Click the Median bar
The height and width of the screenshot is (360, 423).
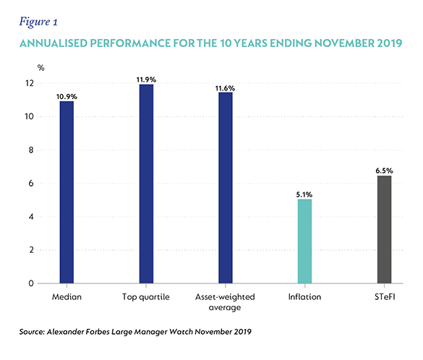pos(67,192)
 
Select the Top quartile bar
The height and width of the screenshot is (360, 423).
pos(146,184)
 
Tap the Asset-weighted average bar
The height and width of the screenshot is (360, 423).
pos(226,188)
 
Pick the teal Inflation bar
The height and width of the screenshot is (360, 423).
pos(305,241)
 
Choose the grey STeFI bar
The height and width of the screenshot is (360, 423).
pos(384,229)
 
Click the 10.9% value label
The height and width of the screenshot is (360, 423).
pos(67,97)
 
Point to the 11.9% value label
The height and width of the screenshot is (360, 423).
pos(146,80)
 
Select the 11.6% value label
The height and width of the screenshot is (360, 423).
pos(226,88)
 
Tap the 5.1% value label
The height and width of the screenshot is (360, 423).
pos(304,194)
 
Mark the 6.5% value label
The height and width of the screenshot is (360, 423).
pos(384,171)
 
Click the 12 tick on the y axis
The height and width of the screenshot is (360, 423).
pos(30,83)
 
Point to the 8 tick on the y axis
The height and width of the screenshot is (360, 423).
pos(31,150)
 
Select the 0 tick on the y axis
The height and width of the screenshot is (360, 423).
pos(31,283)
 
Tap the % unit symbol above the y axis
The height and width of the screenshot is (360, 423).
pos(40,68)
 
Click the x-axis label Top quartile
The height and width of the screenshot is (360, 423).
pos(146,297)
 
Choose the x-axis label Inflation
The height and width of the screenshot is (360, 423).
pos(305,296)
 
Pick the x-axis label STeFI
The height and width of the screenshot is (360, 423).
pos(385,296)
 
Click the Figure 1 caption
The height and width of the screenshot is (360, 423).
pos(38,22)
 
